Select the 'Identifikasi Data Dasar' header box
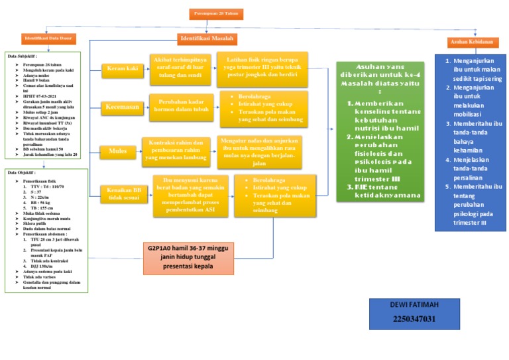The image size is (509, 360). point(47,40)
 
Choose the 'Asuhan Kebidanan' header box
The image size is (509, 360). point(471,42)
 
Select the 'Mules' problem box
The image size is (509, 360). point(117,151)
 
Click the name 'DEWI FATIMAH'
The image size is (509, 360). point(414,306)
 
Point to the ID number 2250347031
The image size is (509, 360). point(414,320)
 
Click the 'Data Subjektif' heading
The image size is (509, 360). point(23,56)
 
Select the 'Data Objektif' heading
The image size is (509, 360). point(22,172)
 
